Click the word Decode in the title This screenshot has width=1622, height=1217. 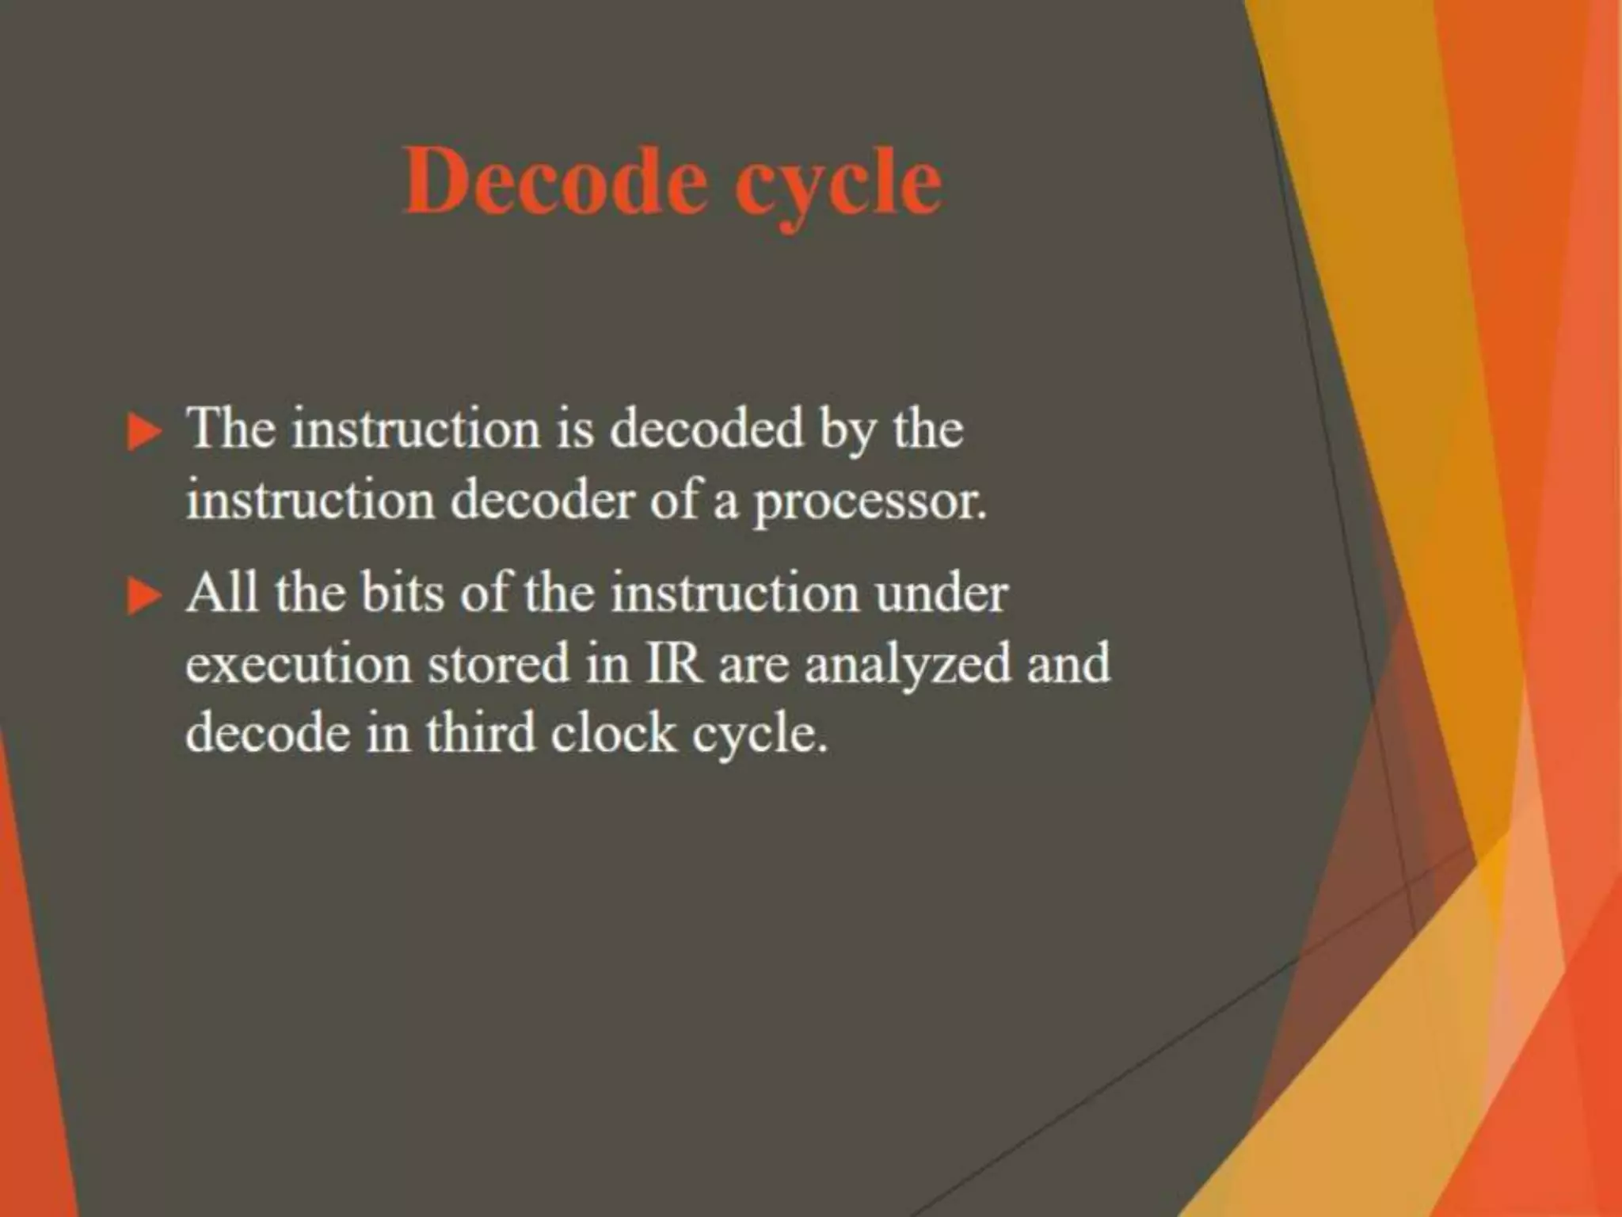pos(554,182)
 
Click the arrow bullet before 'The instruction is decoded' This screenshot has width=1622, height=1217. pos(143,433)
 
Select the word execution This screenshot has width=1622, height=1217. pos(298,664)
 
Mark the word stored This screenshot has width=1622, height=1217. pos(499,664)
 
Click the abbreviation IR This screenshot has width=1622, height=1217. pos(674,664)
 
